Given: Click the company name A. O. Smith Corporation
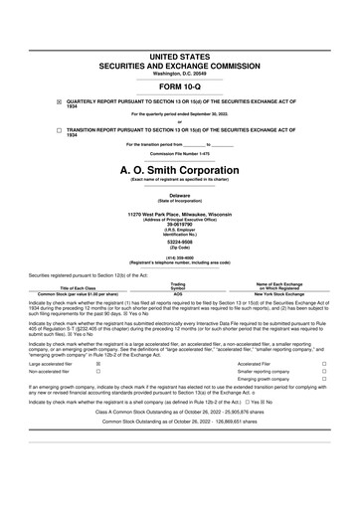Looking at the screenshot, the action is tap(180, 170).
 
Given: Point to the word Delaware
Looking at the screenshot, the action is tap(180, 196).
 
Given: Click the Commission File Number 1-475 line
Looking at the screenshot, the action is tap(180, 153).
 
